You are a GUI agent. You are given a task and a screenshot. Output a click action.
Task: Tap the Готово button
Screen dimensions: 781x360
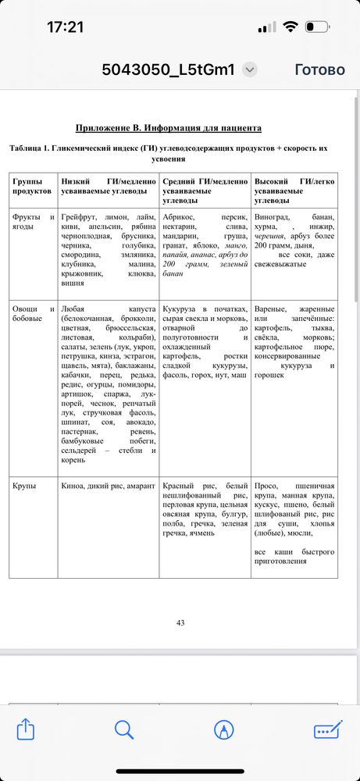[x=319, y=70]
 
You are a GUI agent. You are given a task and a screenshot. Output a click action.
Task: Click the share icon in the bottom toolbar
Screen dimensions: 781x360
[x=26, y=729]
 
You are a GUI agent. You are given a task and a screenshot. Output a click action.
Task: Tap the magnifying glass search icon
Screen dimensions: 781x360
[x=124, y=729]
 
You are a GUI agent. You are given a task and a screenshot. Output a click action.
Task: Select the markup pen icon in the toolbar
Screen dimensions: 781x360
[x=224, y=729]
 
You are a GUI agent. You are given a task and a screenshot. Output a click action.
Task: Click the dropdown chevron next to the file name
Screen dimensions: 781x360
[x=249, y=70]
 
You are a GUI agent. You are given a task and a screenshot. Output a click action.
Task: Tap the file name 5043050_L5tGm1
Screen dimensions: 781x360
[x=168, y=70]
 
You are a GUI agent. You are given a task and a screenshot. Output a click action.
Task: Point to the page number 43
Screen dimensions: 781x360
[x=180, y=622]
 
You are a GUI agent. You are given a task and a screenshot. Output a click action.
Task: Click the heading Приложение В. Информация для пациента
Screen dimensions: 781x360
[x=168, y=127]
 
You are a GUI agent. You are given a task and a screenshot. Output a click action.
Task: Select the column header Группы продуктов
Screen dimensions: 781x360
[x=32, y=186]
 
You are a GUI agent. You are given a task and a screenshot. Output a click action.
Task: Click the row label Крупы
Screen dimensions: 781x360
[x=25, y=486]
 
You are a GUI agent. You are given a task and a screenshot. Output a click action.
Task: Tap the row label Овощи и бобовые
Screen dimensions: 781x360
[x=33, y=314]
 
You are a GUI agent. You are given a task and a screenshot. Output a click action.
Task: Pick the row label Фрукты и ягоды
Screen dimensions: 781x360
[x=33, y=222]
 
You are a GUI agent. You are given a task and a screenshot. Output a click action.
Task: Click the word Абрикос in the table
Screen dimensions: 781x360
[x=180, y=216]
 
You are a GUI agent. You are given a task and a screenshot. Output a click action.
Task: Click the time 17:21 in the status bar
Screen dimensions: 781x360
[x=65, y=27]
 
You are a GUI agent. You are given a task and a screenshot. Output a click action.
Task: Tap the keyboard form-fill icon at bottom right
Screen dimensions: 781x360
[x=327, y=729]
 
